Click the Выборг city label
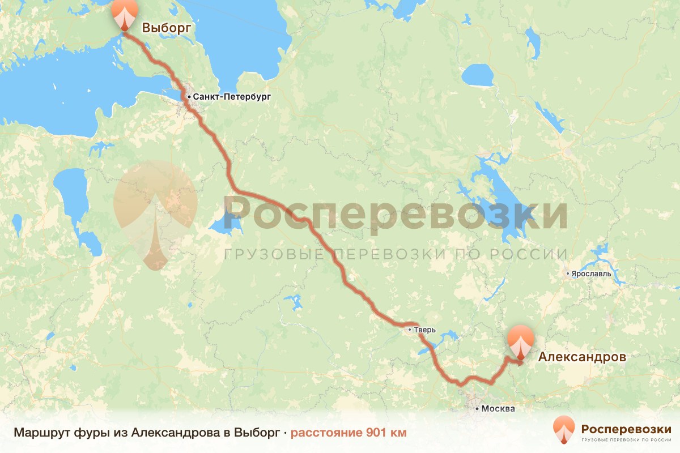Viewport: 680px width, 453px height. [166, 28]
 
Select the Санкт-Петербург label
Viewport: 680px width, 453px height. [232, 97]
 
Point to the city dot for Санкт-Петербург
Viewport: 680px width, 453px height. [189, 97]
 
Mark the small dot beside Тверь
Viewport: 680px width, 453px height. [409, 329]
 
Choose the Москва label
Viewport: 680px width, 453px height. [499, 408]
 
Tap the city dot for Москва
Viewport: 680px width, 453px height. [478, 408]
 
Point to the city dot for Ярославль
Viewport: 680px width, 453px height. [568, 273]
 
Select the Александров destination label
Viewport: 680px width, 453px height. [582, 357]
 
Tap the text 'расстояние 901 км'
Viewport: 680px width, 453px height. [348, 433]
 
